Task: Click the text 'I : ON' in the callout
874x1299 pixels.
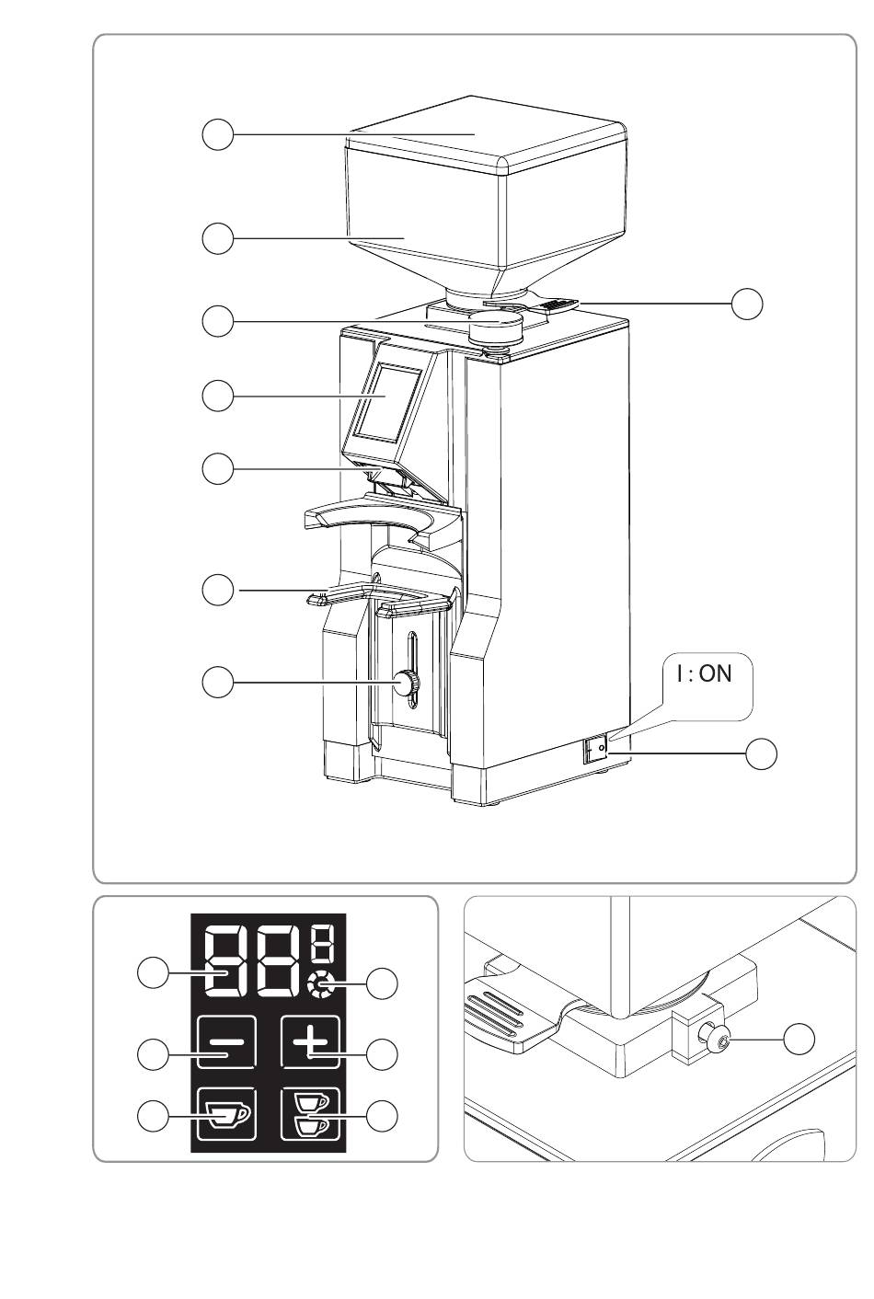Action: click(x=704, y=673)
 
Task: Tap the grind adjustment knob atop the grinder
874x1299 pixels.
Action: click(x=496, y=327)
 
